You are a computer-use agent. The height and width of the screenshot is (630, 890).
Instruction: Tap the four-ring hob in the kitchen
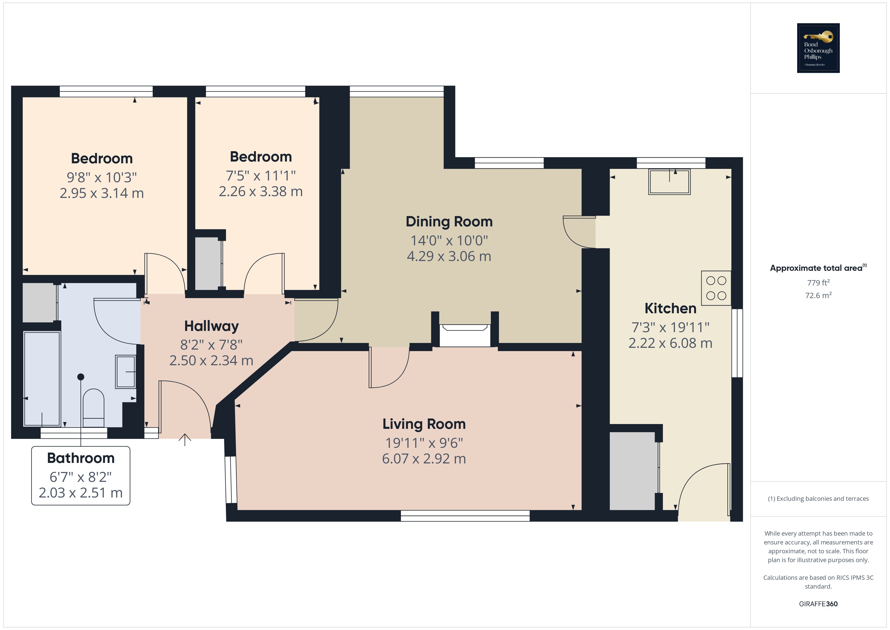[x=716, y=288]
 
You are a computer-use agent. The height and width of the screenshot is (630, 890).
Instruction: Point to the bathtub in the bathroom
[x=42, y=378]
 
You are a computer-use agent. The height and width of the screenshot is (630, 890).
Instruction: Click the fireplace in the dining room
[x=464, y=335]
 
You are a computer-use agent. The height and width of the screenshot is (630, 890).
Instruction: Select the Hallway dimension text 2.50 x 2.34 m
[x=211, y=361]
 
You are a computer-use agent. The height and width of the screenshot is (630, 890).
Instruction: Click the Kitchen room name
[x=670, y=308]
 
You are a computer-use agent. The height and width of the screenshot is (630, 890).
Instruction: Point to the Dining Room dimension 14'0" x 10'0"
[x=449, y=241]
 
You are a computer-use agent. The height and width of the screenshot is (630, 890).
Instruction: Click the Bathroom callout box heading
[x=81, y=458]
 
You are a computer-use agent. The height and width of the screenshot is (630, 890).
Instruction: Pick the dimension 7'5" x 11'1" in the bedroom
[x=261, y=176]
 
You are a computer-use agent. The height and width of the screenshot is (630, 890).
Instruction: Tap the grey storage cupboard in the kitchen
[x=632, y=470]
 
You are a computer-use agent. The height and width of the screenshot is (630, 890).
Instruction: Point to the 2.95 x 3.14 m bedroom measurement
[x=102, y=193]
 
